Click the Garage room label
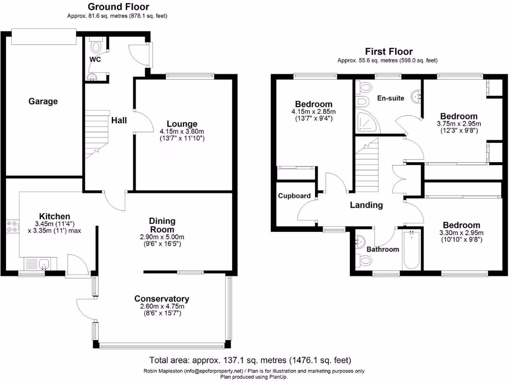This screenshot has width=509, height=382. pyautogui.click(x=43, y=101)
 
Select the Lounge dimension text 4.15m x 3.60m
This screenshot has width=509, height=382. pyautogui.click(x=182, y=131)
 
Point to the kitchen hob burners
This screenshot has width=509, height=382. pyautogui.click(x=12, y=226)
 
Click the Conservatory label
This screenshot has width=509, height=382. pyautogui.click(x=162, y=299)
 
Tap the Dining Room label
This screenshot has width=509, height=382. pyautogui.click(x=162, y=225)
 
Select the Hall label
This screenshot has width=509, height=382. pyautogui.click(x=119, y=120)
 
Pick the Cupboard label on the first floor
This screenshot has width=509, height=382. pyautogui.click(x=294, y=195)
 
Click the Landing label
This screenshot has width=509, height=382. pyautogui.click(x=366, y=205)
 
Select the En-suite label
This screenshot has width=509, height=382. pyautogui.click(x=390, y=98)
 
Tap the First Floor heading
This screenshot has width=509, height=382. pyautogui.click(x=388, y=51)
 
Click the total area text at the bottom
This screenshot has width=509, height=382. pyautogui.click(x=251, y=360)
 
